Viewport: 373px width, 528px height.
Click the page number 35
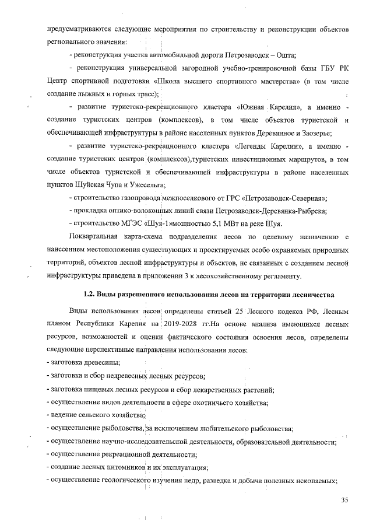click(345, 499)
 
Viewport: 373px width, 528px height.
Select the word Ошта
click(287, 55)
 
